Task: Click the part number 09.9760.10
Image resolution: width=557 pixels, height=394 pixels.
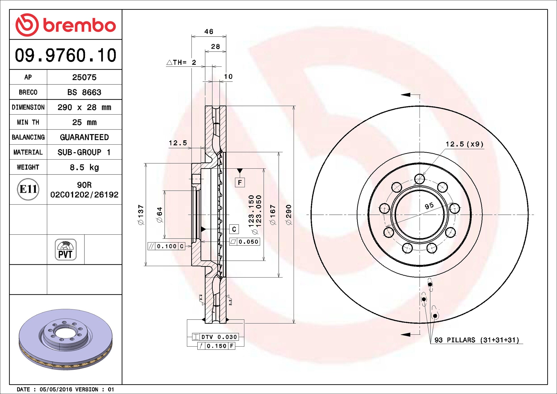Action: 65,55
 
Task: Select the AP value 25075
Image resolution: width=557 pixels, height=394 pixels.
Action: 84,77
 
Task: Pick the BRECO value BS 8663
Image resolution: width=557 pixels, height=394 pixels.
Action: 84,92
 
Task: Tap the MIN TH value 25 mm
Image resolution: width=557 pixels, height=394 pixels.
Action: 84,122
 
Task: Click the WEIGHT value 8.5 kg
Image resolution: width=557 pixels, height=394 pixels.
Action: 84,167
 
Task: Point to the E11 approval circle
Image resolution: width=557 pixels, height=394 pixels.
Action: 28,189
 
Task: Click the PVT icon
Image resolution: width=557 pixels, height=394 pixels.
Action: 66,250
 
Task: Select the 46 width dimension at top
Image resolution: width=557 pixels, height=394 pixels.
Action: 209,32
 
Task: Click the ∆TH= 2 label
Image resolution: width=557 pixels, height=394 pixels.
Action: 182,62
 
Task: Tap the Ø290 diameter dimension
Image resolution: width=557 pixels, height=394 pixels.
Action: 289,214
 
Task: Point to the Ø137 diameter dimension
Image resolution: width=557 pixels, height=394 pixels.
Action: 141,214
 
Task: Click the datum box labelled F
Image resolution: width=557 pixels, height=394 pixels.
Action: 240,182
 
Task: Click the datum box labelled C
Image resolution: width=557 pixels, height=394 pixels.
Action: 234,229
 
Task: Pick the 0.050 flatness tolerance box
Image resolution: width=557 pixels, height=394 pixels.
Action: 245,242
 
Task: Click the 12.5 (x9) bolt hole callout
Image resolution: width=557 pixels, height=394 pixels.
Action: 464,144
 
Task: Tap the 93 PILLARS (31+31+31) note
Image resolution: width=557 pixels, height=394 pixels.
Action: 477,340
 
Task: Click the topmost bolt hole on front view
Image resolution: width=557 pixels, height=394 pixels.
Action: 420,179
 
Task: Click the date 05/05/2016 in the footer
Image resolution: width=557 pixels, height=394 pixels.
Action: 56,389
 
